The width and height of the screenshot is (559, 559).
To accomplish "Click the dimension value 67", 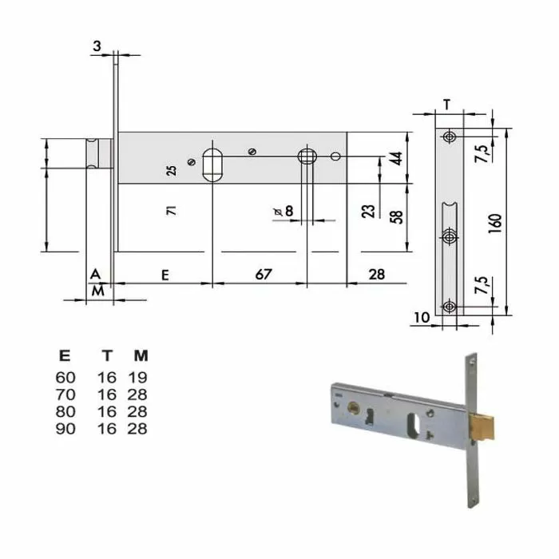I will click(x=263, y=274).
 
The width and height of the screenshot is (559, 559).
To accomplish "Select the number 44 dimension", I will click(x=395, y=158).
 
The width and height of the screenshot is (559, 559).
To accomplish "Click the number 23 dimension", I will click(x=369, y=211).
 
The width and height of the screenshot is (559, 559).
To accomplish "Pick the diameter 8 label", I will click(x=283, y=211).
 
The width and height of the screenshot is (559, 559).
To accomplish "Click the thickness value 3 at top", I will click(x=97, y=47).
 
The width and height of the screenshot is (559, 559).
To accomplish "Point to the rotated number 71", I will click(x=170, y=211).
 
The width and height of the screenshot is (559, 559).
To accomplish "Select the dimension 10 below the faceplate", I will click(x=422, y=317).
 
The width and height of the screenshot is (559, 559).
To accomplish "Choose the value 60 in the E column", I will click(x=65, y=377).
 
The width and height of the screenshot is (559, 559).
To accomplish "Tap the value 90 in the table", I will click(x=65, y=428).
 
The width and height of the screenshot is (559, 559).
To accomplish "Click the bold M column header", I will click(x=141, y=355).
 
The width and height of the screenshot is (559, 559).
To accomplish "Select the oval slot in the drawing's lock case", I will click(x=212, y=165).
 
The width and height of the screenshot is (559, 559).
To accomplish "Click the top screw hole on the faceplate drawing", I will click(x=450, y=137).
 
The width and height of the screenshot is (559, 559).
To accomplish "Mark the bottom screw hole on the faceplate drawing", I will click(x=450, y=306).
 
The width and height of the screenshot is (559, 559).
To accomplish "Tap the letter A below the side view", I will click(x=96, y=274).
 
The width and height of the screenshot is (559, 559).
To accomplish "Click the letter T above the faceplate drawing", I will click(x=447, y=104).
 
